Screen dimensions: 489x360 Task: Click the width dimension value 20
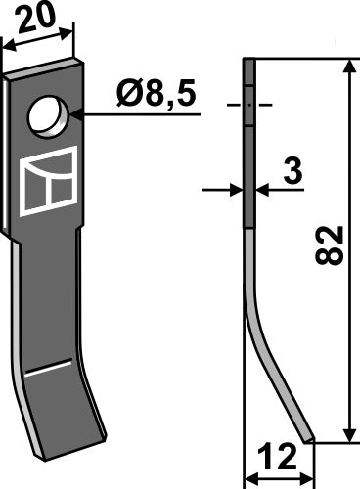[38, 18]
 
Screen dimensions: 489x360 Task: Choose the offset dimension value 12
[278, 457]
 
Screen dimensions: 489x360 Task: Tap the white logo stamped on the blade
[49, 180]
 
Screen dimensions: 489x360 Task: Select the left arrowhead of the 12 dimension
[247, 478]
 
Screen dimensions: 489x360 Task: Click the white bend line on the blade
[49, 369]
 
